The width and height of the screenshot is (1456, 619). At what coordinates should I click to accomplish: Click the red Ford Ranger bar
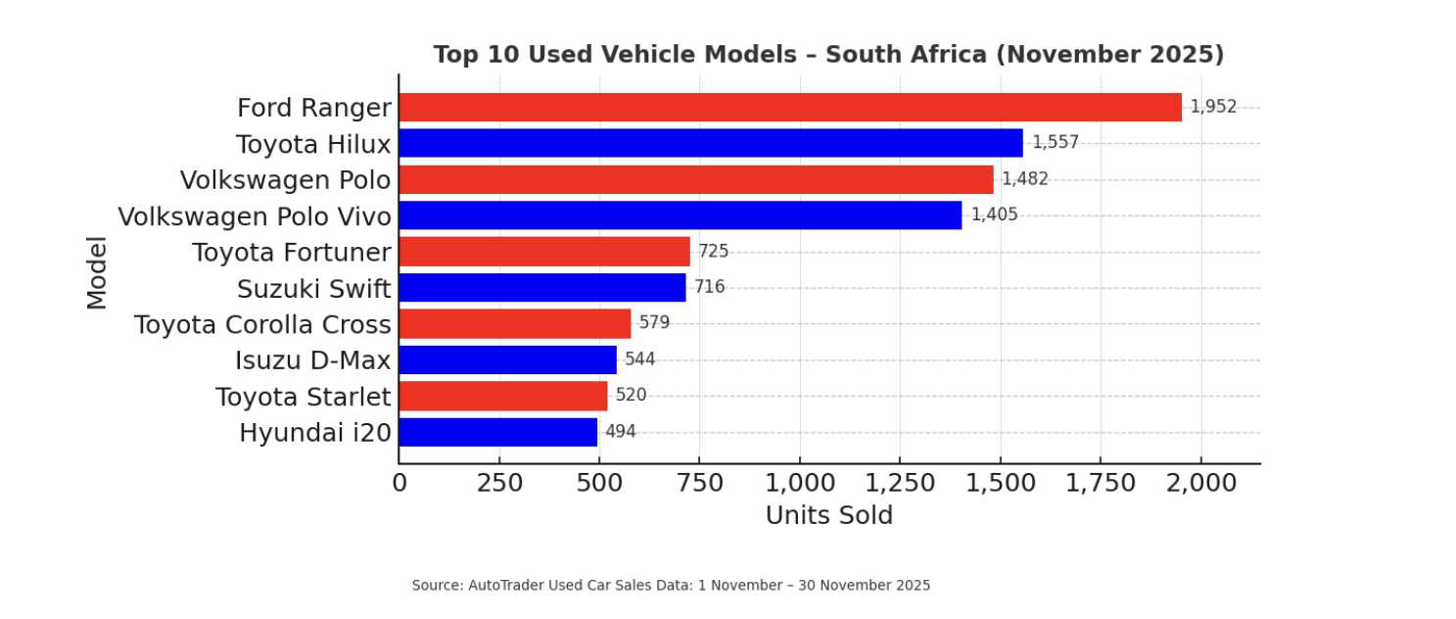[x=789, y=108]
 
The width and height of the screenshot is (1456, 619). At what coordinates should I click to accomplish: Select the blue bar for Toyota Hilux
[x=710, y=143]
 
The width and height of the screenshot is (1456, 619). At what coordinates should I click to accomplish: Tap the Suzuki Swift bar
[x=541, y=288]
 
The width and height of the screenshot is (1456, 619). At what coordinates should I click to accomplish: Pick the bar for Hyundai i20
[x=497, y=433]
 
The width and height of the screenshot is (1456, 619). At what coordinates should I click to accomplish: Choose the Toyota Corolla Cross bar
[x=514, y=324]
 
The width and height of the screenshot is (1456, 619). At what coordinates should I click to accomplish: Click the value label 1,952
[x=1213, y=107]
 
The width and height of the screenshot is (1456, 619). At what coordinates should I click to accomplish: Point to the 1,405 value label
[x=994, y=214]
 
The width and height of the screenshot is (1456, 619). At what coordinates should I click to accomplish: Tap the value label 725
[x=713, y=252]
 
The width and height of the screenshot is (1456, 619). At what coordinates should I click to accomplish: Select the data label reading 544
[x=639, y=359]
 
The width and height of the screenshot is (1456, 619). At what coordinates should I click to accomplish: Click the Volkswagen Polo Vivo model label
[x=255, y=216]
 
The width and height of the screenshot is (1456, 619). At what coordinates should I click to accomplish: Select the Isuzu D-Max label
[x=312, y=360]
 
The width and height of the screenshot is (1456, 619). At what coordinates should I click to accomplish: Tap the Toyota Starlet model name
[x=303, y=397]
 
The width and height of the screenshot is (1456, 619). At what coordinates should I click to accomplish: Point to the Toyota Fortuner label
[x=292, y=253]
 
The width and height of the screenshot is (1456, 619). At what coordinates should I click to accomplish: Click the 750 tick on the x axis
[x=699, y=483]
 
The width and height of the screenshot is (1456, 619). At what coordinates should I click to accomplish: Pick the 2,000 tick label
[x=1200, y=483]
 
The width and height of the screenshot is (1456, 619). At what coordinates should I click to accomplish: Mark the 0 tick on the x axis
[x=399, y=483]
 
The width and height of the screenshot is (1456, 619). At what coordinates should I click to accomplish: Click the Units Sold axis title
[x=828, y=515]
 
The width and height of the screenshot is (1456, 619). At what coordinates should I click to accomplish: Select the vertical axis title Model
[x=97, y=272]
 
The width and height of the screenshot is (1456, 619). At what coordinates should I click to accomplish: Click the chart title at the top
[x=828, y=55]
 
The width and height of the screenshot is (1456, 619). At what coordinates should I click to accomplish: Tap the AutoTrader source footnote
[x=671, y=586]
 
